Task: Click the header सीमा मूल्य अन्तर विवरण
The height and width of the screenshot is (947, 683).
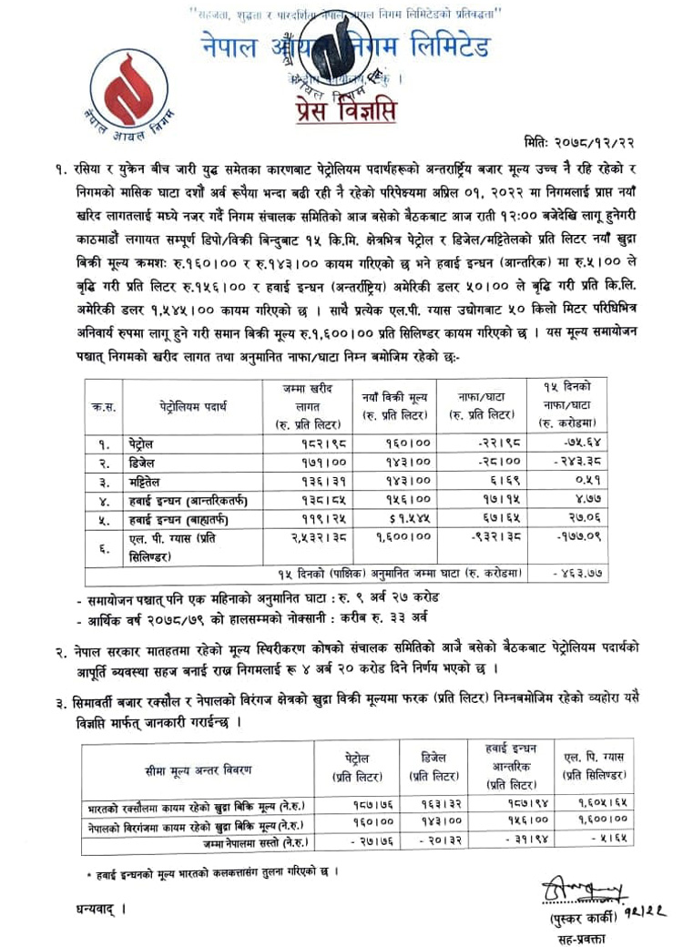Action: point(197,771)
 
